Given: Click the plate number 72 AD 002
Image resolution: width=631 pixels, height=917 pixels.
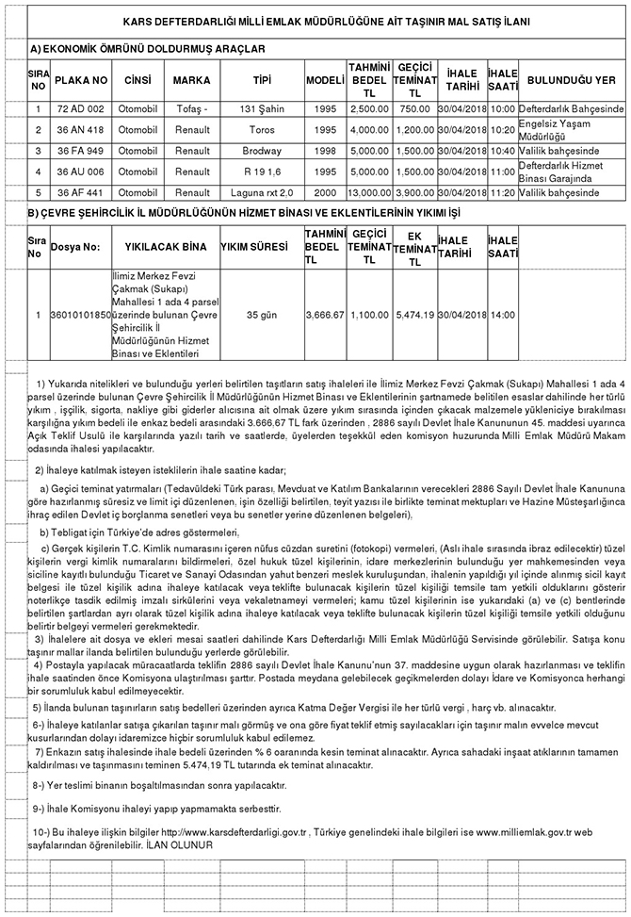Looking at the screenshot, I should click(x=80, y=109).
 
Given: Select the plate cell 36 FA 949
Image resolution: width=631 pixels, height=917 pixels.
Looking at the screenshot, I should click(x=80, y=151).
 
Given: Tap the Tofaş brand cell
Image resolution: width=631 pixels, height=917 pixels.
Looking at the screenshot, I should click(x=192, y=109).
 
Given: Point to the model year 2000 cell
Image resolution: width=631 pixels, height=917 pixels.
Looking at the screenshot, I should click(x=325, y=192).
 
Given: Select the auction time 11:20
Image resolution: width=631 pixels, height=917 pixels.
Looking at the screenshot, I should click(x=503, y=192).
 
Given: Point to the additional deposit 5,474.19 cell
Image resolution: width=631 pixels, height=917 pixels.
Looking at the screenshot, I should click(x=414, y=314).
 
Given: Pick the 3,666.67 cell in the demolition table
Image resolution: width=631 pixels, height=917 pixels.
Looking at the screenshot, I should click(x=326, y=314).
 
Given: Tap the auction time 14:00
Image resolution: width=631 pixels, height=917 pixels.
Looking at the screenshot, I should click(x=503, y=314).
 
